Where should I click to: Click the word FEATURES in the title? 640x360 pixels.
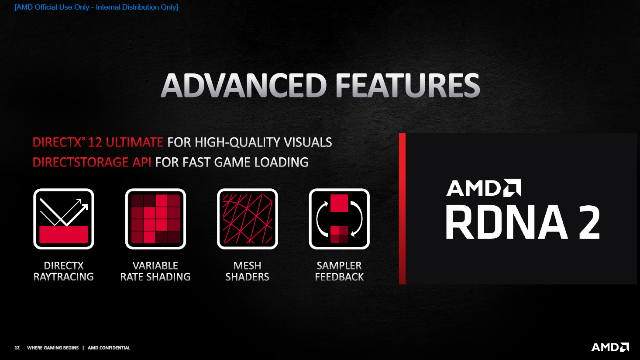(x=408, y=85)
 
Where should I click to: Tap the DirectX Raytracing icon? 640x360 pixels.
(x=64, y=219)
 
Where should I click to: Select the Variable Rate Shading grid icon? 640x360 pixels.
(x=155, y=219)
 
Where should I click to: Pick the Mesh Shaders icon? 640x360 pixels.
(x=248, y=219)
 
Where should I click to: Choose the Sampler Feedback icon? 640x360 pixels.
(x=339, y=219)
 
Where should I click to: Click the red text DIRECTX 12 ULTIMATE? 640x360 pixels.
(x=98, y=142)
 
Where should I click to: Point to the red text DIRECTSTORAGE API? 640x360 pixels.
(x=92, y=163)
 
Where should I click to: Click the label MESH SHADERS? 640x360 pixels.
(x=247, y=271)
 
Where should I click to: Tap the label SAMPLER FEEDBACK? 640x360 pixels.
(x=339, y=271)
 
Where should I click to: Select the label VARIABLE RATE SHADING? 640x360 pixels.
(x=155, y=271)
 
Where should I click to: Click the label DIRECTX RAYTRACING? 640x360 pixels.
(x=64, y=271)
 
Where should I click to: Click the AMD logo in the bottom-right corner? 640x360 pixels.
(x=610, y=347)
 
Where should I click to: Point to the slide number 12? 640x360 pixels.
(x=17, y=348)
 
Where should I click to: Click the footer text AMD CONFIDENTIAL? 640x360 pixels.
(x=109, y=348)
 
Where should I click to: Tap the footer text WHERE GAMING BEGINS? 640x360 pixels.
(x=53, y=348)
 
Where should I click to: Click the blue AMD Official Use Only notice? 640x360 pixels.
(x=96, y=7)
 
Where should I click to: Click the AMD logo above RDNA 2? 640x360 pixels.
(x=484, y=188)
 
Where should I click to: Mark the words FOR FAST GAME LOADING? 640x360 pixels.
(x=232, y=163)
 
